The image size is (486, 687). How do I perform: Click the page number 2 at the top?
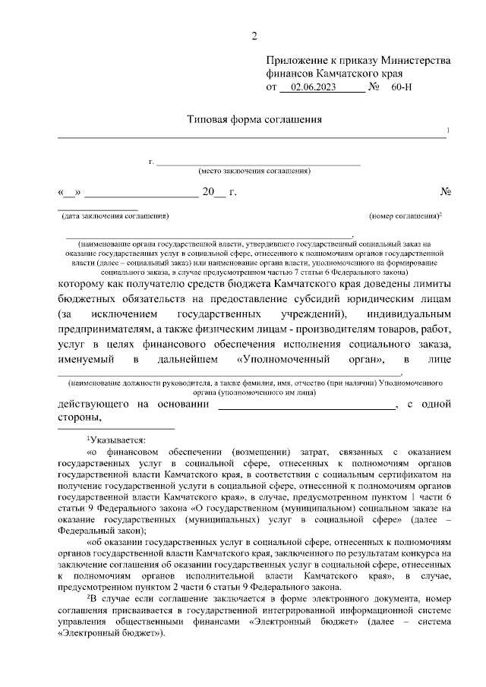[255, 36]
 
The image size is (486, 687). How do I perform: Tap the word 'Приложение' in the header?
[295, 61]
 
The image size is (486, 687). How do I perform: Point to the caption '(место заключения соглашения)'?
[254, 171]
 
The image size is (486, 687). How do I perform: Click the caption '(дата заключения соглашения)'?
[115, 216]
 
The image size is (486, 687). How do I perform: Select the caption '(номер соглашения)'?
[404, 216]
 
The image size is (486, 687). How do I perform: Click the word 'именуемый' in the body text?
[90, 359]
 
